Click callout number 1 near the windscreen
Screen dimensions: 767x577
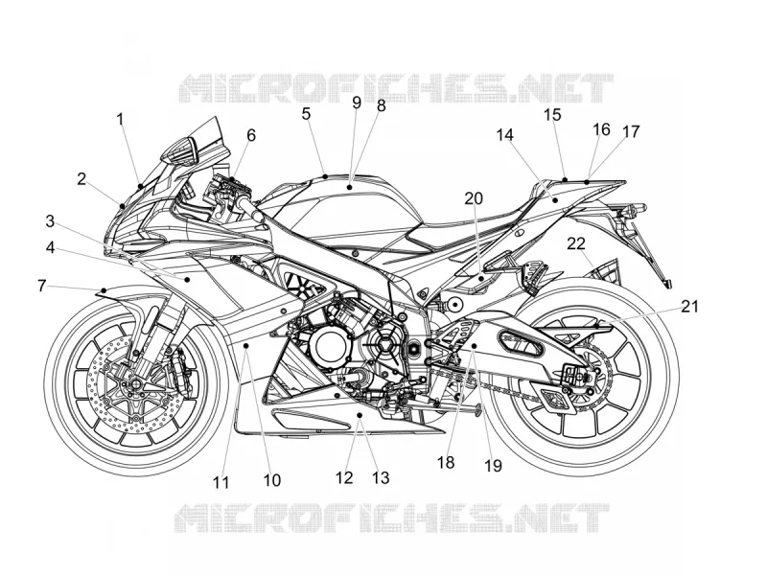tap(121, 119)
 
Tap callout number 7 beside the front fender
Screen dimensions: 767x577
tap(42, 286)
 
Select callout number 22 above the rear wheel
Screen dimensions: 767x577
tap(576, 243)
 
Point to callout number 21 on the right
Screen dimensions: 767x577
tap(690, 307)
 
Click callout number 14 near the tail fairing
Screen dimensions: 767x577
tap(505, 135)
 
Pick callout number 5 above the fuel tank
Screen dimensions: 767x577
tap(306, 114)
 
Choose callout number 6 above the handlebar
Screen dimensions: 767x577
tap(251, 135)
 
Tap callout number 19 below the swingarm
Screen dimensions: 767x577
tap(493, 466)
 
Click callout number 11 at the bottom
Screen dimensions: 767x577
tap(221, 483)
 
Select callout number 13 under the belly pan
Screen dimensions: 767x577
tap(381, 477)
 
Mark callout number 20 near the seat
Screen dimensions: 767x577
tap(474, 198)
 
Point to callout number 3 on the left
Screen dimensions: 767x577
tap(50, 221)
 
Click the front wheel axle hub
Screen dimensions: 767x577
tap(133, 381)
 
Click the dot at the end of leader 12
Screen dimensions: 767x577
tap(360, 415)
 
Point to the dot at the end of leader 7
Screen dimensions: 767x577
tap(104, 291)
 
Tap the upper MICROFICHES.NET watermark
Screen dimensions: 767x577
tap(396, 88)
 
